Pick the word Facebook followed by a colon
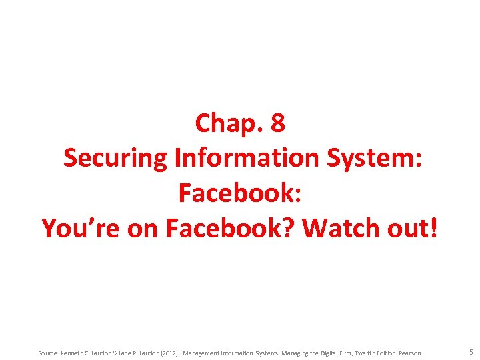tap(240, 193)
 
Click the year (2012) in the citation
tap(166, 353)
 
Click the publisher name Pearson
tap(411, 353)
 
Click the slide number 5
tap(471, 352)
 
